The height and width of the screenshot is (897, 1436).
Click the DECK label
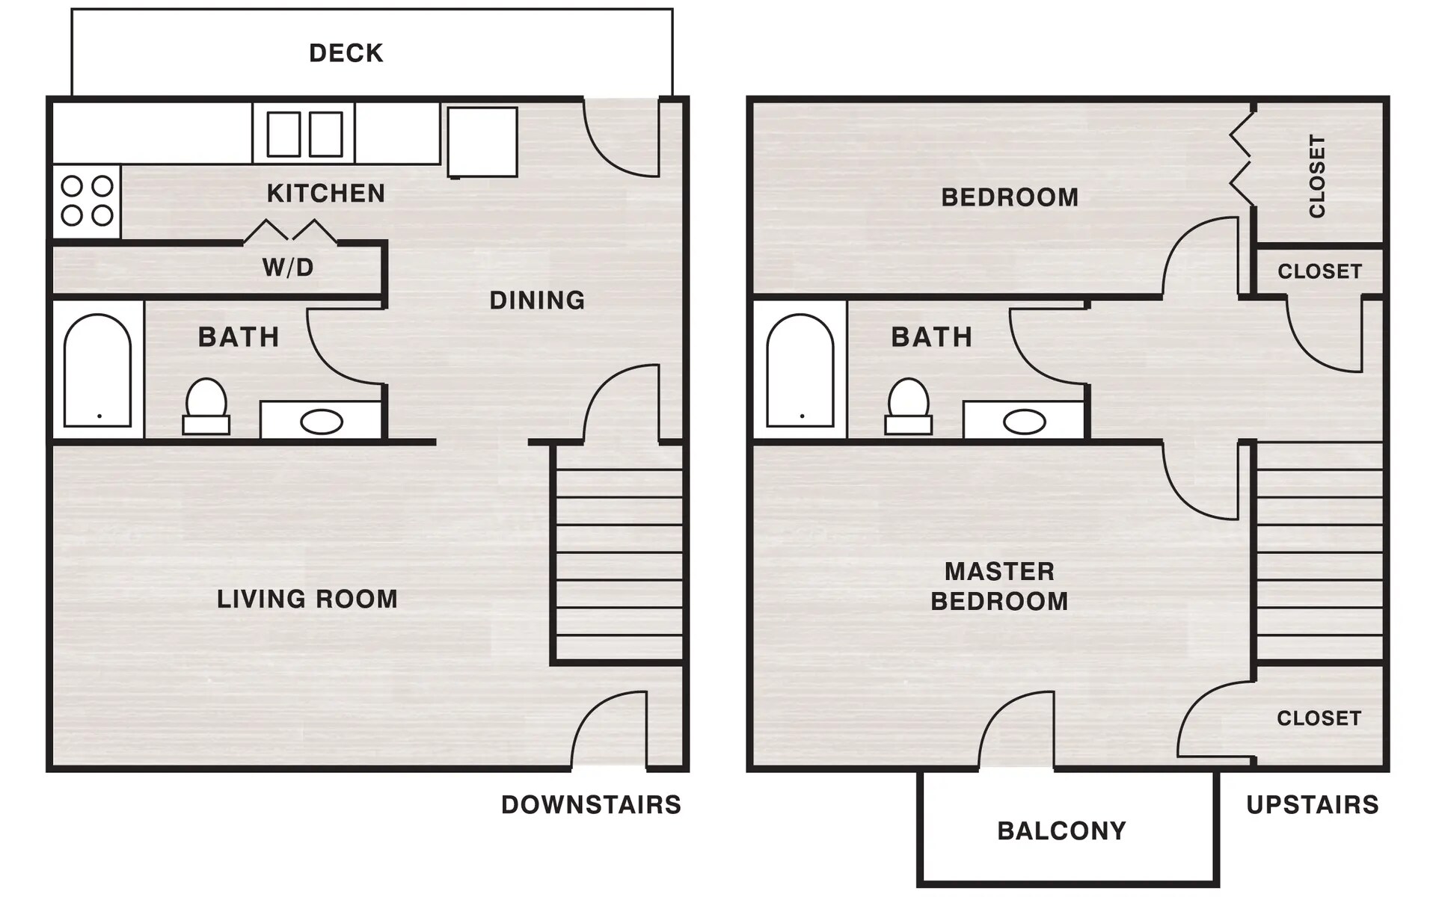pos(346,53)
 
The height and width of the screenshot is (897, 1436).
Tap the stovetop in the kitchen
pos(87,200)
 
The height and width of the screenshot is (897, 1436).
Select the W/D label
pos(288,268)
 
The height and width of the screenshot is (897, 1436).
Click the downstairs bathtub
pos(97,370)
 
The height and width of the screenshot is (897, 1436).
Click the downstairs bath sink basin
pos(322,422)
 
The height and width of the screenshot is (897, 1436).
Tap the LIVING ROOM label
pos(307,599)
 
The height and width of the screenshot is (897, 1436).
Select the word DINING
pos(537,300)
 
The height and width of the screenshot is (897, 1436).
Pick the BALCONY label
pos(1061,831)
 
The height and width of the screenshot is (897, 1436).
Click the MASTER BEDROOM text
pos(999,587)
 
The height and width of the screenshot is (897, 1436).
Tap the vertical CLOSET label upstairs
pos(1317,176)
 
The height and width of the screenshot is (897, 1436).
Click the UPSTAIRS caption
pos(1312,805)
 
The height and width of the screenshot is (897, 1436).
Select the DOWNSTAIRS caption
pos(591,805)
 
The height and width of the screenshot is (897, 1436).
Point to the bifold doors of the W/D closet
pos(290,232)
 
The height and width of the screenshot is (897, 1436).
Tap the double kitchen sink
pos(304,135)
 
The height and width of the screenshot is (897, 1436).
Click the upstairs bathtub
pos(800,370)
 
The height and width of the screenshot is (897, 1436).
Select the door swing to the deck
pos(621,138)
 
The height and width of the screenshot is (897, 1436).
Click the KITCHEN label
pos(326,194)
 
